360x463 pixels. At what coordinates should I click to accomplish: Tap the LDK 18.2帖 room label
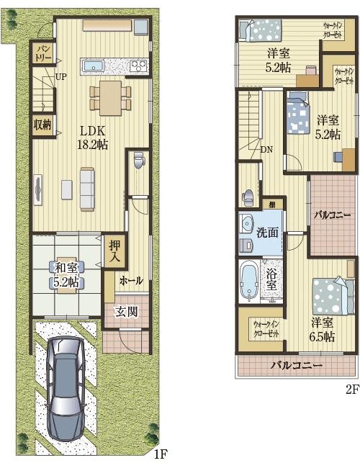click(92, 138)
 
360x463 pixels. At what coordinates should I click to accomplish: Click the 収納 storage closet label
click(42, 125)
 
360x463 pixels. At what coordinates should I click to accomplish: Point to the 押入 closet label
click(114, 251)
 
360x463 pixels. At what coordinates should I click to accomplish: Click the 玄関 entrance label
click(127, 312)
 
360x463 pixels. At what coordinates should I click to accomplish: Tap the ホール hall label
click(131, 281)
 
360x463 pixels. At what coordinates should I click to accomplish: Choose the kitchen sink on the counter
click(93, 66)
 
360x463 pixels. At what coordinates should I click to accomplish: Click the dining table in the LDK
click(110, 98)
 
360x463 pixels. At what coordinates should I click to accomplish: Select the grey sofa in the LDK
click(88, 189)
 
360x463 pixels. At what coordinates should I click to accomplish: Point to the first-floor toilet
click(139, 160)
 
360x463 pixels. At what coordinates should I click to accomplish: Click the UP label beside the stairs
click(61, 77)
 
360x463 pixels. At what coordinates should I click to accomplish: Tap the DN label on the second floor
click(266, 149)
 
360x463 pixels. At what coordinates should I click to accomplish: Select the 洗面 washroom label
click(267, 233)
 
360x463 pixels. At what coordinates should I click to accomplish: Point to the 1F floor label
click(161, 453)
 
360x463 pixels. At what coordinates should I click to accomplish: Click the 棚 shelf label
click(272, 204)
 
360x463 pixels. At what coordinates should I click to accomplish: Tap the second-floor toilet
click(248, 198)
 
